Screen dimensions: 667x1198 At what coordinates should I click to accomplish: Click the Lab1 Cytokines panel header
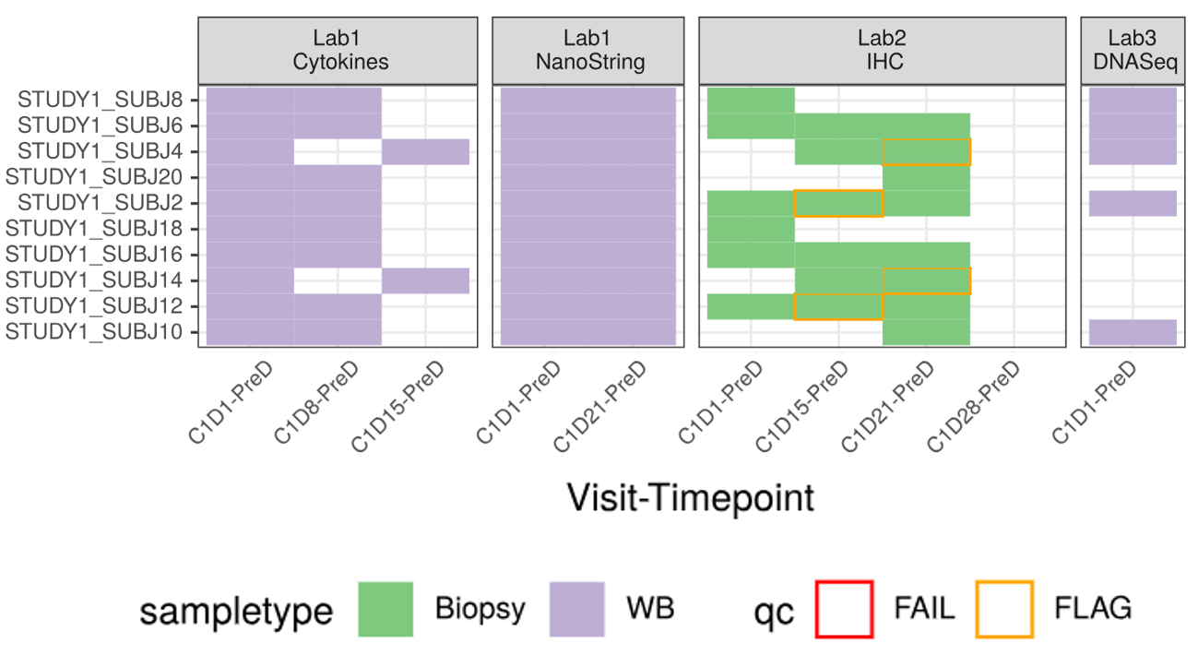click(x=338, y=50)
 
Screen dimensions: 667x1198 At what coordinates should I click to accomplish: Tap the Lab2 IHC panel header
click(x=882, y=50)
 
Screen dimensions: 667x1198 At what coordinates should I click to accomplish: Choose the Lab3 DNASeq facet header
click(x=1133, y=50)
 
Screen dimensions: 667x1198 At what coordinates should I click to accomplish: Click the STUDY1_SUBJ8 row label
click(x=101, y=100)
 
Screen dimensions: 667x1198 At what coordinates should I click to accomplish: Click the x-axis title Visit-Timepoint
click(x=691, y=498)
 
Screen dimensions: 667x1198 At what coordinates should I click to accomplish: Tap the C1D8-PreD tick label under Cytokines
click(x=317, y=401)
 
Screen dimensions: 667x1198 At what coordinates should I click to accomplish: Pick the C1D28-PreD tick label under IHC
click(x=974, y=406)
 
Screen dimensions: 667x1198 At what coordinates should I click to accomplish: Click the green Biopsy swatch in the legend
click(x=385, y=609)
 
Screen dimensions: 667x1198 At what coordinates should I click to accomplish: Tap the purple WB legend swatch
click(x=576, y=609)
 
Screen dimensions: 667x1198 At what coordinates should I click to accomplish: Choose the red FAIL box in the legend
click(x=843, y=609)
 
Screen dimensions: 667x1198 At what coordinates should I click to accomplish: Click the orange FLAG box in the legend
click(x=1004, y=609)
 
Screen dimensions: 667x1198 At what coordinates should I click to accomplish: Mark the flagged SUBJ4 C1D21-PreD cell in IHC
click(x=926, y=151)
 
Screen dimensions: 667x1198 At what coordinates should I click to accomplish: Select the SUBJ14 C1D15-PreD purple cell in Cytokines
click(x=425, y=280)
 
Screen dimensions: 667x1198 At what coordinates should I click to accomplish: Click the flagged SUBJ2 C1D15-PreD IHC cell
click(x=838, y=203)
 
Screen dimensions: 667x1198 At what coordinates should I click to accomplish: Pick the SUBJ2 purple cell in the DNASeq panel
click(x=1133, y=203)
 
